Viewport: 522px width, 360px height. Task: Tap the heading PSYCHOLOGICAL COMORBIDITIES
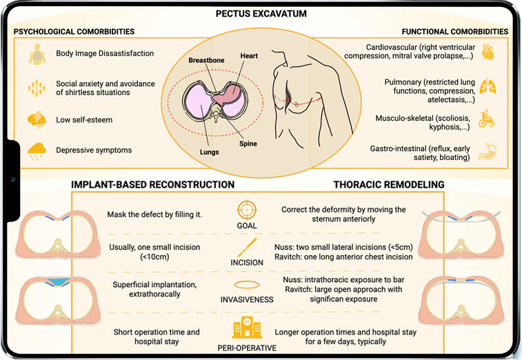(x=74, y=32)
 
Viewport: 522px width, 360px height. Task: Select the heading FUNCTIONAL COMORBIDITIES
(x=455, y=32)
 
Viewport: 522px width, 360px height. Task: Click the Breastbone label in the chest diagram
(x=206, y=61)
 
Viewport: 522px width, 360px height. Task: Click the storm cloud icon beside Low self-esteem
(x=36, y=119)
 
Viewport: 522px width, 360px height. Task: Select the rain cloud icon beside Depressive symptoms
(x=36, y=150)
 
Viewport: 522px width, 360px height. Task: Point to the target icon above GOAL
(x=246, y=210)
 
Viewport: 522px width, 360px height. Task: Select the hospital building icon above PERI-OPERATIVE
(x=246, y=325)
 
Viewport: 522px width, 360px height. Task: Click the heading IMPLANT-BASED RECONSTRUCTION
(x=153, y=185)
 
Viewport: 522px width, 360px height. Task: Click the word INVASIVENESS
(x=246, y=301)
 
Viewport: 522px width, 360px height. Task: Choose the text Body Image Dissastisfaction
(x=105, y=54)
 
